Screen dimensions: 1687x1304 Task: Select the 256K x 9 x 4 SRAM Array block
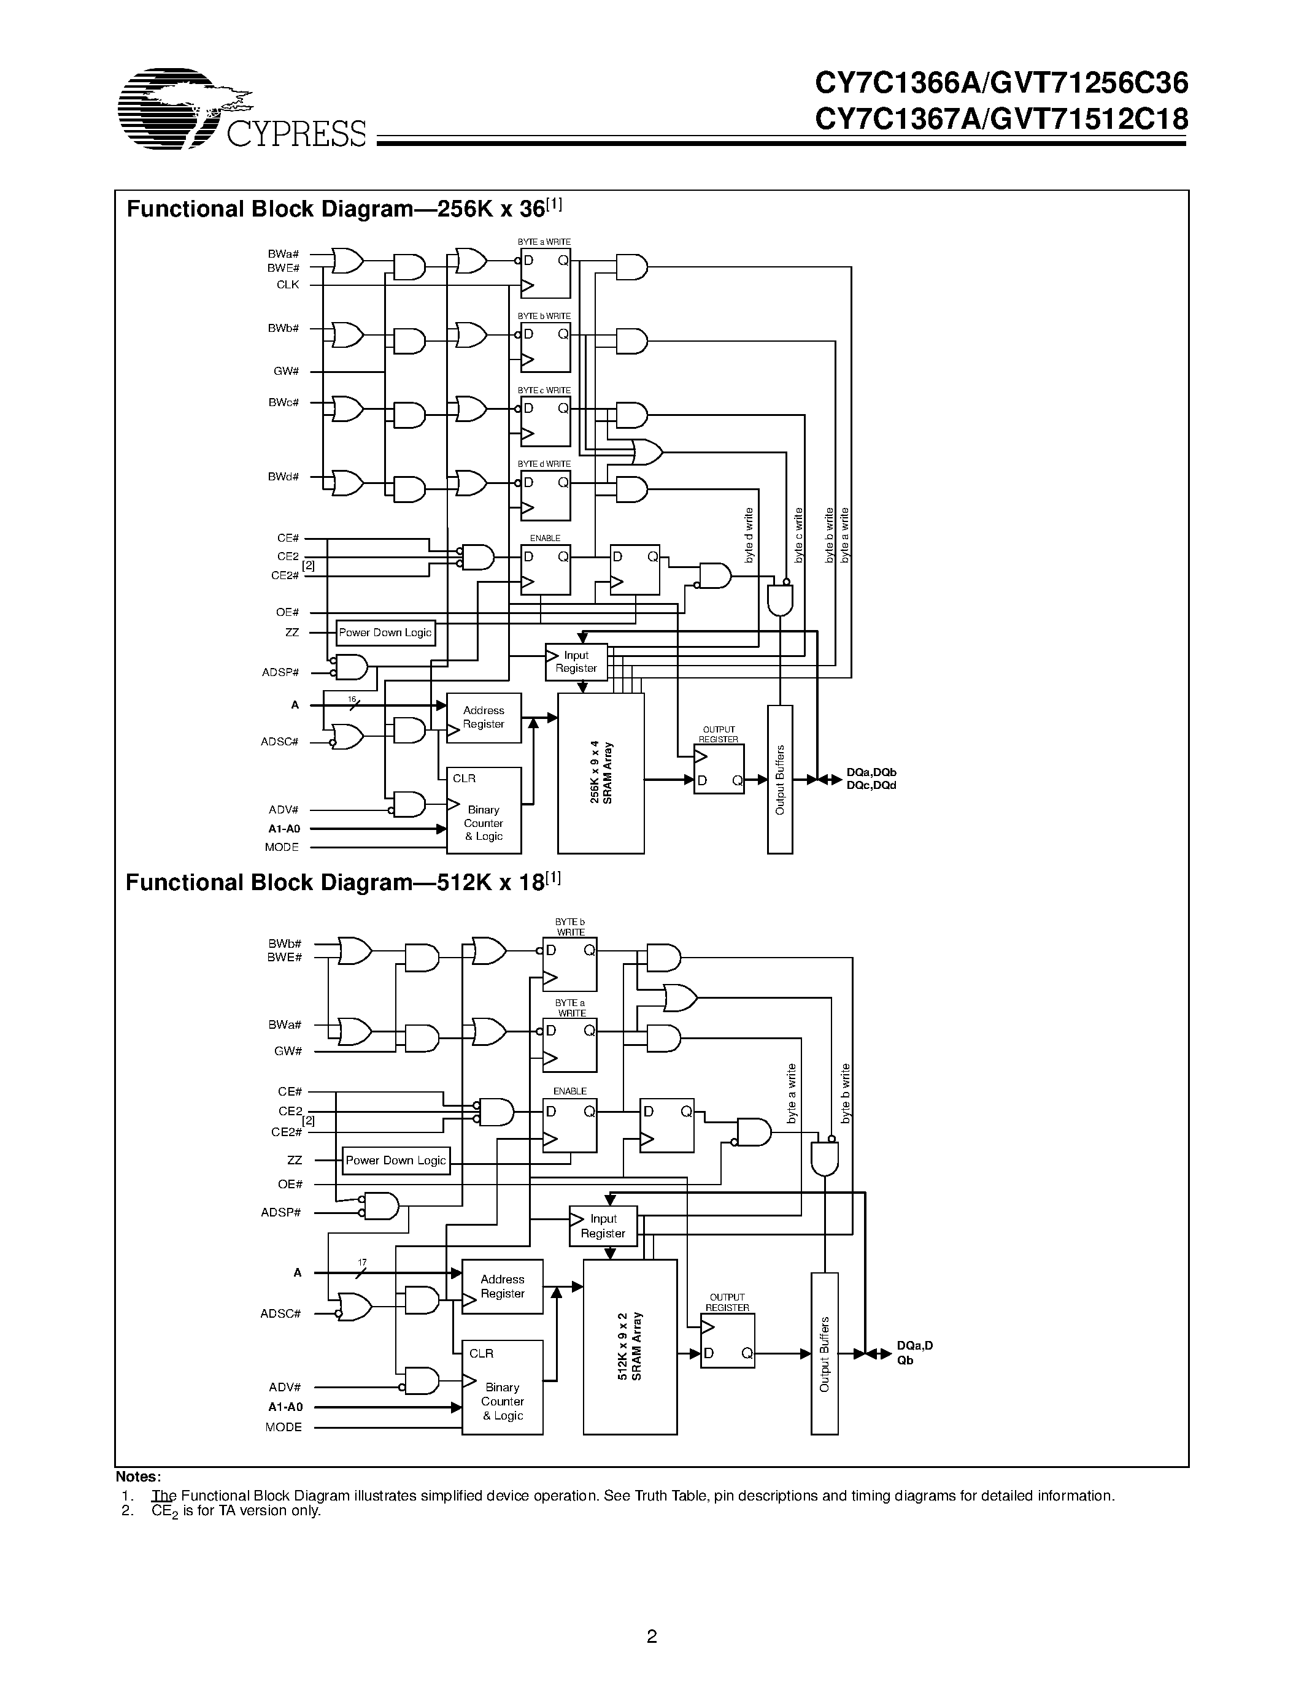tap(601, 772)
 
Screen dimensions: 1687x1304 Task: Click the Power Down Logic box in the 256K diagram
tap(385, 632)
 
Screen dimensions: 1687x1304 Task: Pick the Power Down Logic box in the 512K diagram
tap(396, 1160)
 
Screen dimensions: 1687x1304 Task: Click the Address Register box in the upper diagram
tap(484, 718)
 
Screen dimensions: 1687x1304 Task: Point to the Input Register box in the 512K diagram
tap(603, 1226)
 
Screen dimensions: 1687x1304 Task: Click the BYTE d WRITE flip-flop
tap(546, 495)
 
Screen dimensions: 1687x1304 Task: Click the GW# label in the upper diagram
tap(286, 372)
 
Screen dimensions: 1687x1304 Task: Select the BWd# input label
tap(283, 477)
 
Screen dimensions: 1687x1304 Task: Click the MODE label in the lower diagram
tap(283, 1427)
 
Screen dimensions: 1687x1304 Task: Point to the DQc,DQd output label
tap(871, 786)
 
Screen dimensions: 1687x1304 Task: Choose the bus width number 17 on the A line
tap(361, 1262)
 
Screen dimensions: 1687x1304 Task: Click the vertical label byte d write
tap(749, 536)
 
